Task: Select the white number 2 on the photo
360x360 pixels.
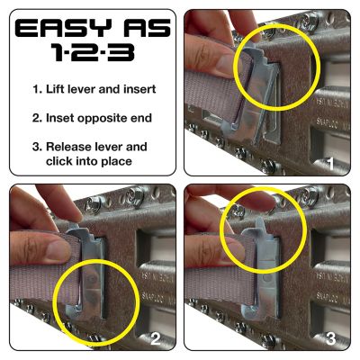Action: click(x=155, y=340)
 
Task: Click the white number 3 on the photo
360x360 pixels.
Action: click(x=331, y=340)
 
